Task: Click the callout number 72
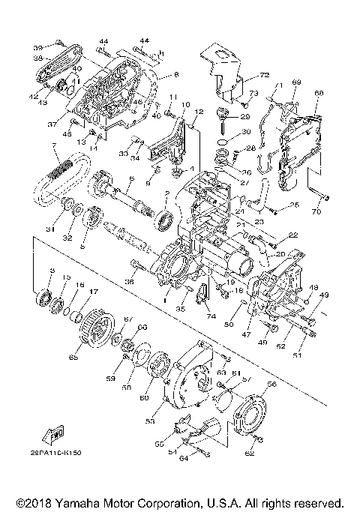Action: pyautogui.click(x=264, y=76)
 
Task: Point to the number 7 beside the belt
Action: pyautogui.click(x=53, y=144)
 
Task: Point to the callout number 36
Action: pyautogui.click(x=129, y=282)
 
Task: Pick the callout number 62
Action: pyautogui.click(x=250, y=454)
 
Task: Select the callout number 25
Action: pyautogui.click(x=295, y=205)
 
